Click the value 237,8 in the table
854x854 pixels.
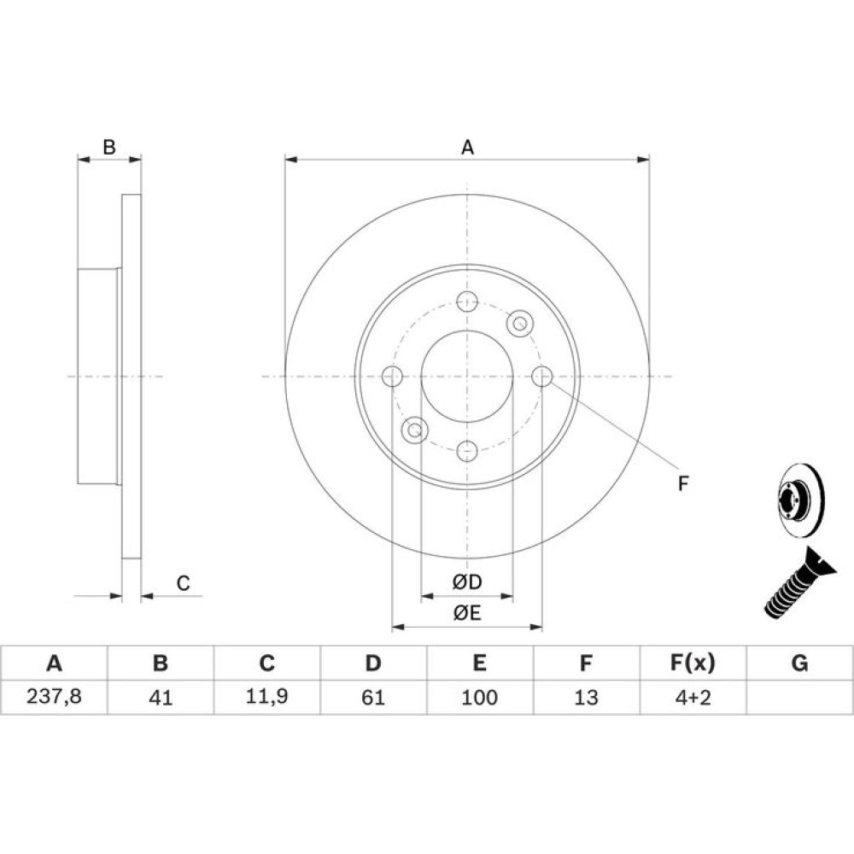tap(54, 696)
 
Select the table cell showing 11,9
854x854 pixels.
tap(266, 696)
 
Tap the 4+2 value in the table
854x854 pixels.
tap(693, 697)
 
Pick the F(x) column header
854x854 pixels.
tap(693, 663)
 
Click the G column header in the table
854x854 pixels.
tap(799, 663)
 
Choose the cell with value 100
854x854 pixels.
tap(479, 697)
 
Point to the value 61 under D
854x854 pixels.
tap(373, 697)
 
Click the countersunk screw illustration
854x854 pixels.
tap(798, 583)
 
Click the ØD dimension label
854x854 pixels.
tap(467, 582)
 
